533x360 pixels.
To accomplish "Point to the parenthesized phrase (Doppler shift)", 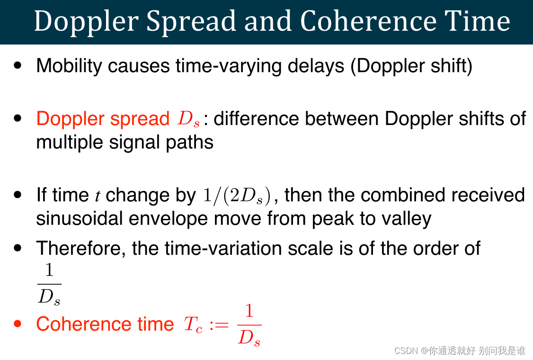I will pyautogui.click(x=411, y=66).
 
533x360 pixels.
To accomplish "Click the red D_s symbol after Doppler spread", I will pyautogui.click(x=188, y=119).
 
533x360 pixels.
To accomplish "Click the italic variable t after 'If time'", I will pyautogui.click(x=97, y=196).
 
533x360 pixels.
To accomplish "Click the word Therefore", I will pyautogui.click(x=80, y=248).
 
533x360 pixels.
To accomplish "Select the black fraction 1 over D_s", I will pyautogui.click(x=49, y=284).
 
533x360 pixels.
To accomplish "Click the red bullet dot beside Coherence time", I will pyautogui.click(x=18, y=324).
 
